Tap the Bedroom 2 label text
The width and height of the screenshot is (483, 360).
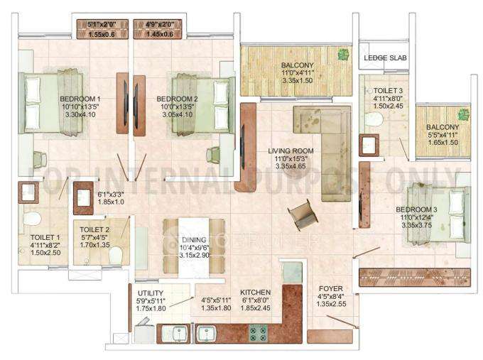(177, 99)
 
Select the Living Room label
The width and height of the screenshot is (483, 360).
(291, 151)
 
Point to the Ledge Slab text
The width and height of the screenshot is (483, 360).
(384, 58)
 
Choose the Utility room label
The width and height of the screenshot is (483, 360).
(150, 293)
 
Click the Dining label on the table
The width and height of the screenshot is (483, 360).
(193, 240)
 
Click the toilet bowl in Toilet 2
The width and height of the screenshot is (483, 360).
(115, 255)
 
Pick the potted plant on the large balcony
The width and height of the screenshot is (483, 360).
(344, 53)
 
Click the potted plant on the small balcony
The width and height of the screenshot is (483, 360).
(463, 114)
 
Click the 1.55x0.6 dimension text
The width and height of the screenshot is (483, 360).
(103, 33)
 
